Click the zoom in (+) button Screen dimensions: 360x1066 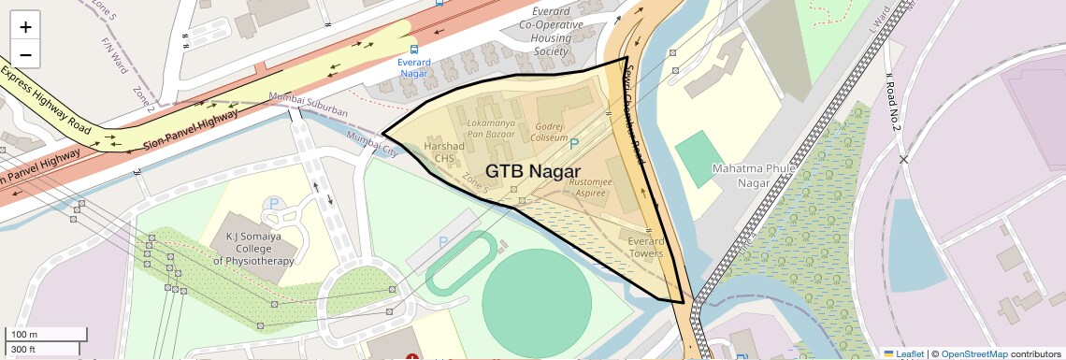pos(26,27)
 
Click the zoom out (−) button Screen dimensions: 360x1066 pos(26,55)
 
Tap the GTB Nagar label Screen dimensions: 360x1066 pos(539,171)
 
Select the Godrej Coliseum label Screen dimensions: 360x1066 pos(551,131)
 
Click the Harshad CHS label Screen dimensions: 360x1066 pos(444,152)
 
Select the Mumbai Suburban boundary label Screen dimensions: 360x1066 pos(308,106)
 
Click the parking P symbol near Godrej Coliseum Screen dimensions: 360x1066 pos(574,143)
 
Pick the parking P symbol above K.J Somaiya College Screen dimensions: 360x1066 pos(273,203)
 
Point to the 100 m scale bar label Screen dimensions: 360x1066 pos(24,334)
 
